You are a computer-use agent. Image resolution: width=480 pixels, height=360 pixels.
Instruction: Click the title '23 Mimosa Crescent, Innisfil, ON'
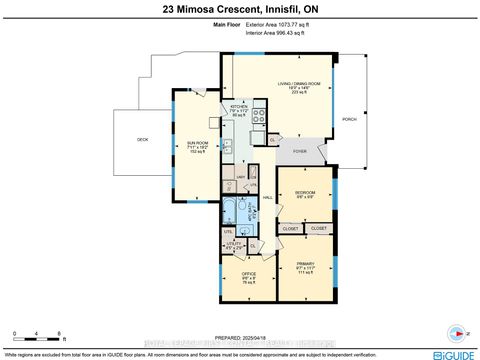(239, 10)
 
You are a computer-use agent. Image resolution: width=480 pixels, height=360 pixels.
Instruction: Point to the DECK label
(143, 139)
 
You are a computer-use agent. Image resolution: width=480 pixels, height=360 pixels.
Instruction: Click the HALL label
(268, 197)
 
